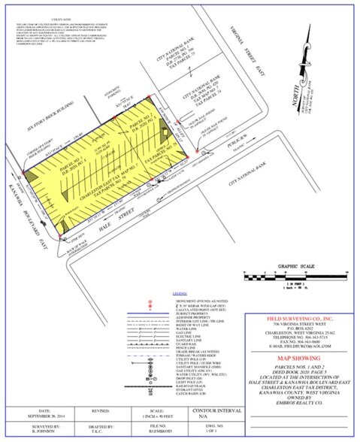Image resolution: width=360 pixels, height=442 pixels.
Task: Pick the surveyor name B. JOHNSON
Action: pos(36,434)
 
